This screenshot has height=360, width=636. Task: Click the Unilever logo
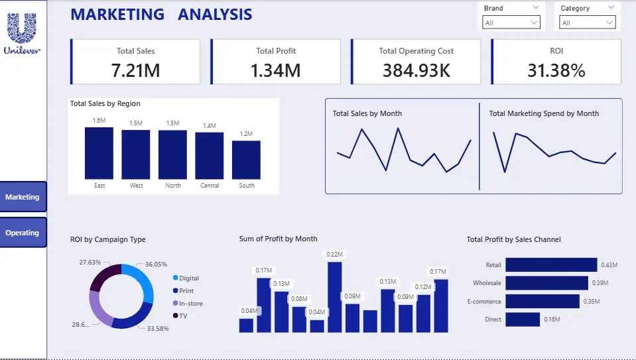(23, 33)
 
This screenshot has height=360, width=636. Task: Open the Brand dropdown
(511, 23)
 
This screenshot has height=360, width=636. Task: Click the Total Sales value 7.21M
(135, 70)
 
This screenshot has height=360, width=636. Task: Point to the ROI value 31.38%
(556, 70)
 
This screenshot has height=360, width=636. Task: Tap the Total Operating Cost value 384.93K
(416, 70)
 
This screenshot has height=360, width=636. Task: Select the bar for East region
(99, 153)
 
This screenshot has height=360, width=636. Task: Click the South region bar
(246, 160)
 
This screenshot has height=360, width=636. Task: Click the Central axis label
(210, 186)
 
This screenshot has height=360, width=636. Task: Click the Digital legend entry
(188, 278)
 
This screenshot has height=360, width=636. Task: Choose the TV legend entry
(183, 316)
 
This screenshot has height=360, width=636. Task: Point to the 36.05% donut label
(156, 264)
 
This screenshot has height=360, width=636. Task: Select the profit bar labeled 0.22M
(335, 297)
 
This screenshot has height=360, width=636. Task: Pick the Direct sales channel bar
(523, 320)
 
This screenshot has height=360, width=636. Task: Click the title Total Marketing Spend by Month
(544, 113)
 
